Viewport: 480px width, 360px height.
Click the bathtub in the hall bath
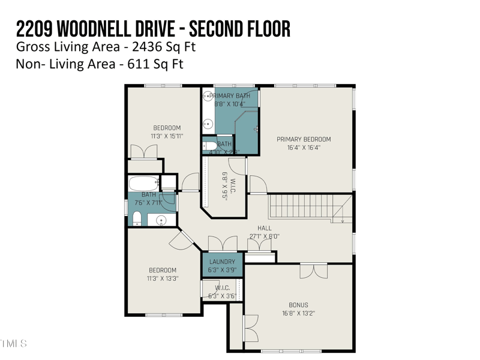click(x=143, y=183)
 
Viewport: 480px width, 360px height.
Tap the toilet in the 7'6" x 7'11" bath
click(x=137, y=217)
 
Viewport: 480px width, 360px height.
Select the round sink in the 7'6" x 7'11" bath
click(x=161, y=220)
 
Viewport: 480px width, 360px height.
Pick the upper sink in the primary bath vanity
click(x=208, y=97)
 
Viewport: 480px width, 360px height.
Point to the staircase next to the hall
click(x=309, y=208)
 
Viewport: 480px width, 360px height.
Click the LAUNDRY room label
click(x=222, y=262)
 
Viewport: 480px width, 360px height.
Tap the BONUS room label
click(x=298, y=305)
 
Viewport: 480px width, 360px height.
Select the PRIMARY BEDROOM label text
click(x=304, y=139)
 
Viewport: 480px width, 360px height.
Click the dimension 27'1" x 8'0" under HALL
click(x=265, y=236)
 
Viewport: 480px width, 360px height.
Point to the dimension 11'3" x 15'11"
click(x=167, y=136)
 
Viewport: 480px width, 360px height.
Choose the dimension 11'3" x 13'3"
click(x=163, y=278)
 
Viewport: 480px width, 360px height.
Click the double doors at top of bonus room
click(x=313, y=271)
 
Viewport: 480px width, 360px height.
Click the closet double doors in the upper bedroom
click(x=145, y=151)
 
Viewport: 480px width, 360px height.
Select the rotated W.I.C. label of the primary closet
click(x=225, y=187)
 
